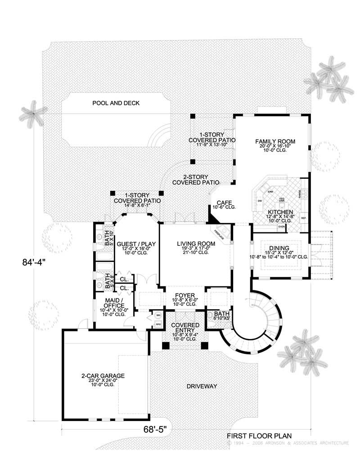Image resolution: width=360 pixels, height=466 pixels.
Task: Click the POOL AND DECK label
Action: [x=116, y=103]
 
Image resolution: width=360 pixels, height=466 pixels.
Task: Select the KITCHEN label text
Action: [x=281, y=212]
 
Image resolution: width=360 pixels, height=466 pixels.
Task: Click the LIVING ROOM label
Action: [x=196, y=244]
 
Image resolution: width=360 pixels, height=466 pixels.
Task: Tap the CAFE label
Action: [x=224, y=202]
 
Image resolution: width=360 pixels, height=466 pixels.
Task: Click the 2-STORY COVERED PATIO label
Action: [x=195, y=180]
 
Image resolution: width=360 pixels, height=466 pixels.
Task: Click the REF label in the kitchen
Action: [x=303, y=218]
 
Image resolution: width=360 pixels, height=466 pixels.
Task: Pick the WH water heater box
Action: [x=158, y=315]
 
